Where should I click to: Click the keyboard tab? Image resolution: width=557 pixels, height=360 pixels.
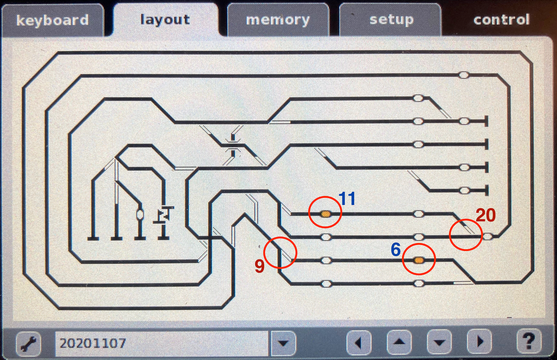point(52,20)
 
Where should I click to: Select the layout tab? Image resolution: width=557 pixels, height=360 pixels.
point(165,20)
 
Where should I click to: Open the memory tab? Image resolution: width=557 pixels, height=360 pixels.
point(278,20)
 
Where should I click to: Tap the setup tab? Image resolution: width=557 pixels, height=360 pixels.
point(391,20)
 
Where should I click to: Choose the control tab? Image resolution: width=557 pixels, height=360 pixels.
point(502,20)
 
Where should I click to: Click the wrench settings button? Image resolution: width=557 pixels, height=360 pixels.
point(29,343)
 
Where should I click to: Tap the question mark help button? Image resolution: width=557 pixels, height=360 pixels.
point(528,341)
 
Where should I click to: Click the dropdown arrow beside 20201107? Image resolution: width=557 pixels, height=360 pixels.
point(283,343)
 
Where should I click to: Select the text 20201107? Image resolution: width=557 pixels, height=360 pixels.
point(93,343)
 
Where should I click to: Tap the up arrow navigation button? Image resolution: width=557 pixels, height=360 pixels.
point(399,342)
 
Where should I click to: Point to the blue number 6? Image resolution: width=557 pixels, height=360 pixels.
point(396,250)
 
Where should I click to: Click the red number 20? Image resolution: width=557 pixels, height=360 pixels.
point(486,215)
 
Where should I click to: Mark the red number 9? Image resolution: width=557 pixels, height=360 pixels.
point(259,266)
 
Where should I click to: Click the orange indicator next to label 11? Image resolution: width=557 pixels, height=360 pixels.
point(325,214)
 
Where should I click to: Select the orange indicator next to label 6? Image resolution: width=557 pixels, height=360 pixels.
point(419,260)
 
